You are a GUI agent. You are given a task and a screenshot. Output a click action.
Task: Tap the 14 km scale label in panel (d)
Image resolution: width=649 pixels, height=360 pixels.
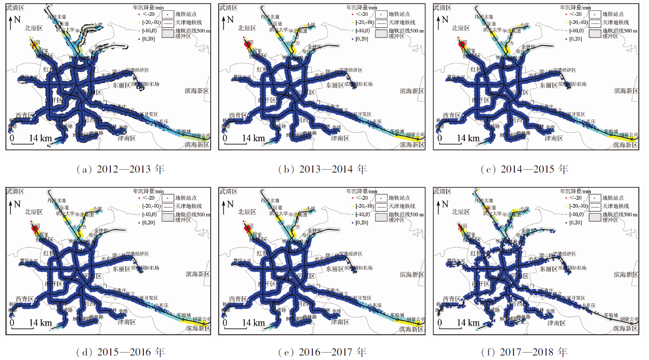click(x=41, y=323)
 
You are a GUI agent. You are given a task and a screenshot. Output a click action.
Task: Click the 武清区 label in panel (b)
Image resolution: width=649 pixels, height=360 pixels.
click(x=229, y=7)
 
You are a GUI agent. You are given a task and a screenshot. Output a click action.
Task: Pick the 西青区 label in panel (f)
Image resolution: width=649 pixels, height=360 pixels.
click(x=452, y=299)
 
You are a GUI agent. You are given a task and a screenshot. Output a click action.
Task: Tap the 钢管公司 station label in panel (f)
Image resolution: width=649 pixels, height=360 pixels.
click(x=629, y=318)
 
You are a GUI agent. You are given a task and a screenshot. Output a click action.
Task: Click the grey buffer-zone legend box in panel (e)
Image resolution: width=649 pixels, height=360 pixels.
click(x=381, y=217)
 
